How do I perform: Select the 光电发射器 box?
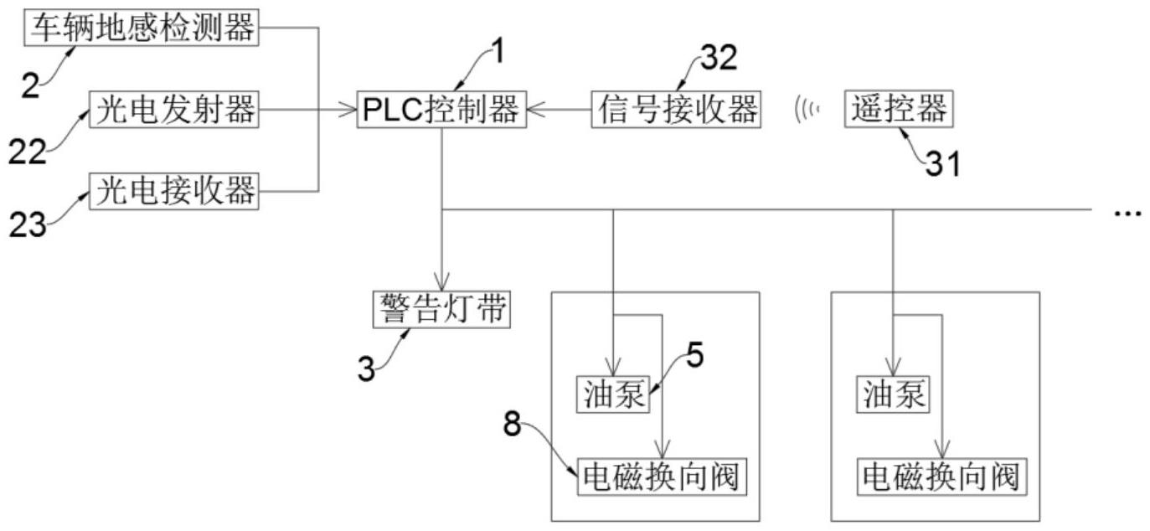tap(174, 110)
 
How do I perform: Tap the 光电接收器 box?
tap(174, 190)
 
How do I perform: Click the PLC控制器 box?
tap(441, 110)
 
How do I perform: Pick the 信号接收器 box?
tap(676, 110)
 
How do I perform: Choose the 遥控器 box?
tap(899, 110)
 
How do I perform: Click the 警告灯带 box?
tap(440, 310)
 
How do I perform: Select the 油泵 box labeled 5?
tap(613, 394)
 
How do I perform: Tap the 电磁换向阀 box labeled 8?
tap(661, 477)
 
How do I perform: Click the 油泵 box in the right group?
tap(893, 394)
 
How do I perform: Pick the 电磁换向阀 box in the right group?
tap(941, 477)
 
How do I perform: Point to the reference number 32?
tap(718, 58)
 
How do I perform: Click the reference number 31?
tap(942, 165)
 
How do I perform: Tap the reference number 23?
tap(28, 224)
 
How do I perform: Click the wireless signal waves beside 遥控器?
tap(806, 110)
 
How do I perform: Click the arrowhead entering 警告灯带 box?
tap(441, 283)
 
